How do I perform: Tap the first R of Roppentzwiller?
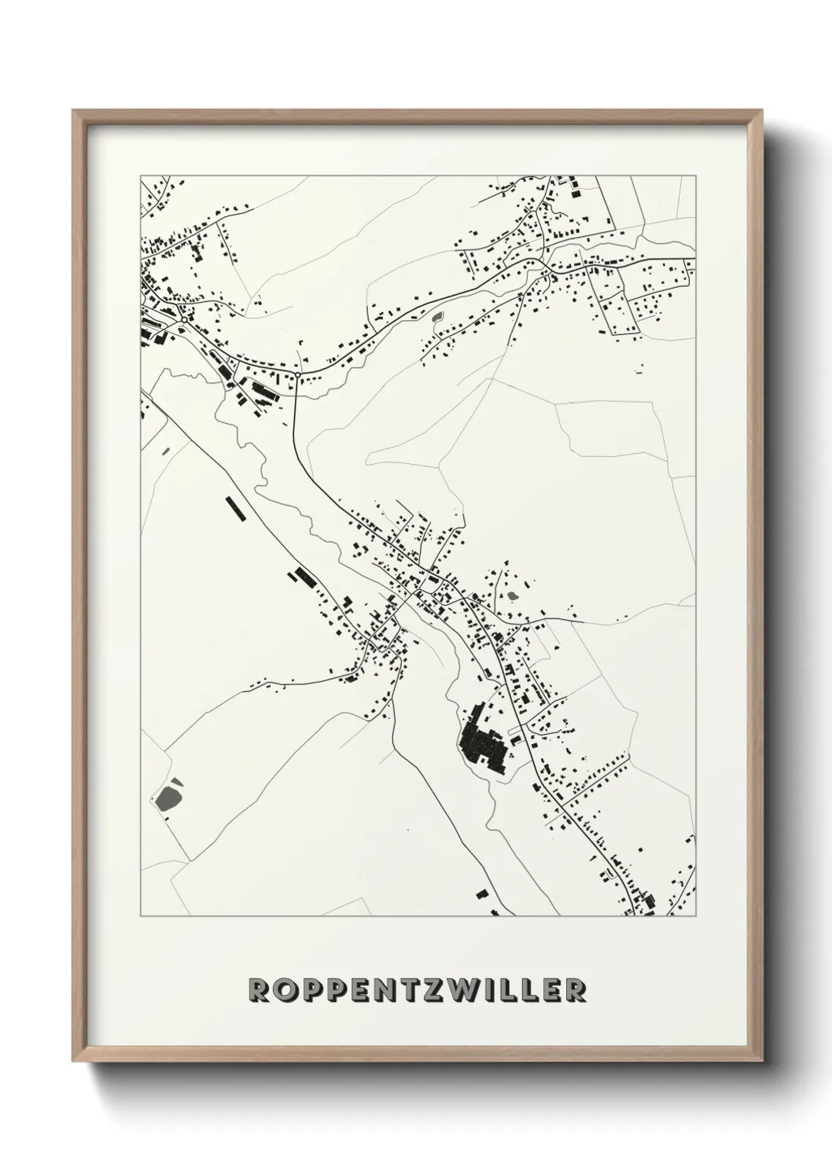tap(257, 990)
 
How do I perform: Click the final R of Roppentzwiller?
tap(576, 990)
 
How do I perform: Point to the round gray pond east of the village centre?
tap(514, 595)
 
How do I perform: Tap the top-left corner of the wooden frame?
tap(73, 111)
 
